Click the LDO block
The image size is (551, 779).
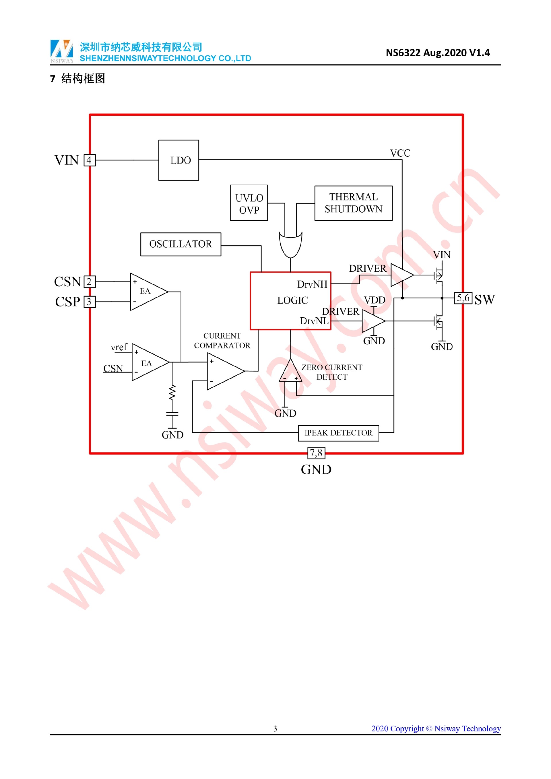coord(179,160)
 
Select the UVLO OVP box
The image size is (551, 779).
coord(249,203)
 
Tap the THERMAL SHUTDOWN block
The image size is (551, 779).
coord(353,203)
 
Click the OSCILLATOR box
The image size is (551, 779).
coord(181,244)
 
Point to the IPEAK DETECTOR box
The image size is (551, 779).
coord(338,433)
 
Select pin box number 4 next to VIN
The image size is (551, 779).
coord(89,160)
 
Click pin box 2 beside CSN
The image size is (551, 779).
coord(89,281)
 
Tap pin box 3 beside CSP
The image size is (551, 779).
coord(89,302)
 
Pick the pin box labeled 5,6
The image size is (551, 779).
coord(463,298)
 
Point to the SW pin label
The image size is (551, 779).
coord(484,300)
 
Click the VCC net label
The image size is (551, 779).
coord(400,153)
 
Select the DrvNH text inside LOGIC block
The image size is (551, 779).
coord(312,284)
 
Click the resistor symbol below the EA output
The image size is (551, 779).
coord(172,393)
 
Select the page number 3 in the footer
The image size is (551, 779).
coord(275,729)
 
